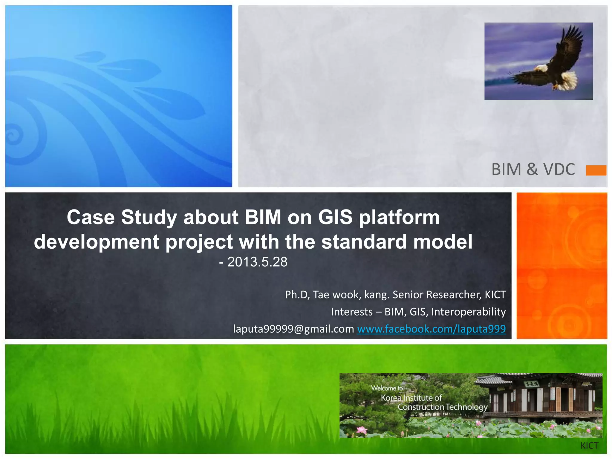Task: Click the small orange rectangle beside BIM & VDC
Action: tap(596, 170)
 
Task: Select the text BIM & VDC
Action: tap(533, 169)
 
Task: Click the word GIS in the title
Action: tap(335, 217)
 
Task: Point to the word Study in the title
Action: tap(149, 217)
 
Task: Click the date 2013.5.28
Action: tap(257, 262)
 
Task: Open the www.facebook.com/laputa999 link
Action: tap(431, 329)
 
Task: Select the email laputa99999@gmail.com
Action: tap(293, 329)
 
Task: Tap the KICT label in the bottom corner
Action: tap(589, 446)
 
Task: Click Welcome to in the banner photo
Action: tap(387, 388)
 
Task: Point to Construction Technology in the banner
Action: tap(442, 407)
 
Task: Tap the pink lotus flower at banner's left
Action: tap(362, 430)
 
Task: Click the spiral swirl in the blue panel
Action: tap(13, 136)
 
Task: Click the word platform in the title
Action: tap(399, 217)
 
